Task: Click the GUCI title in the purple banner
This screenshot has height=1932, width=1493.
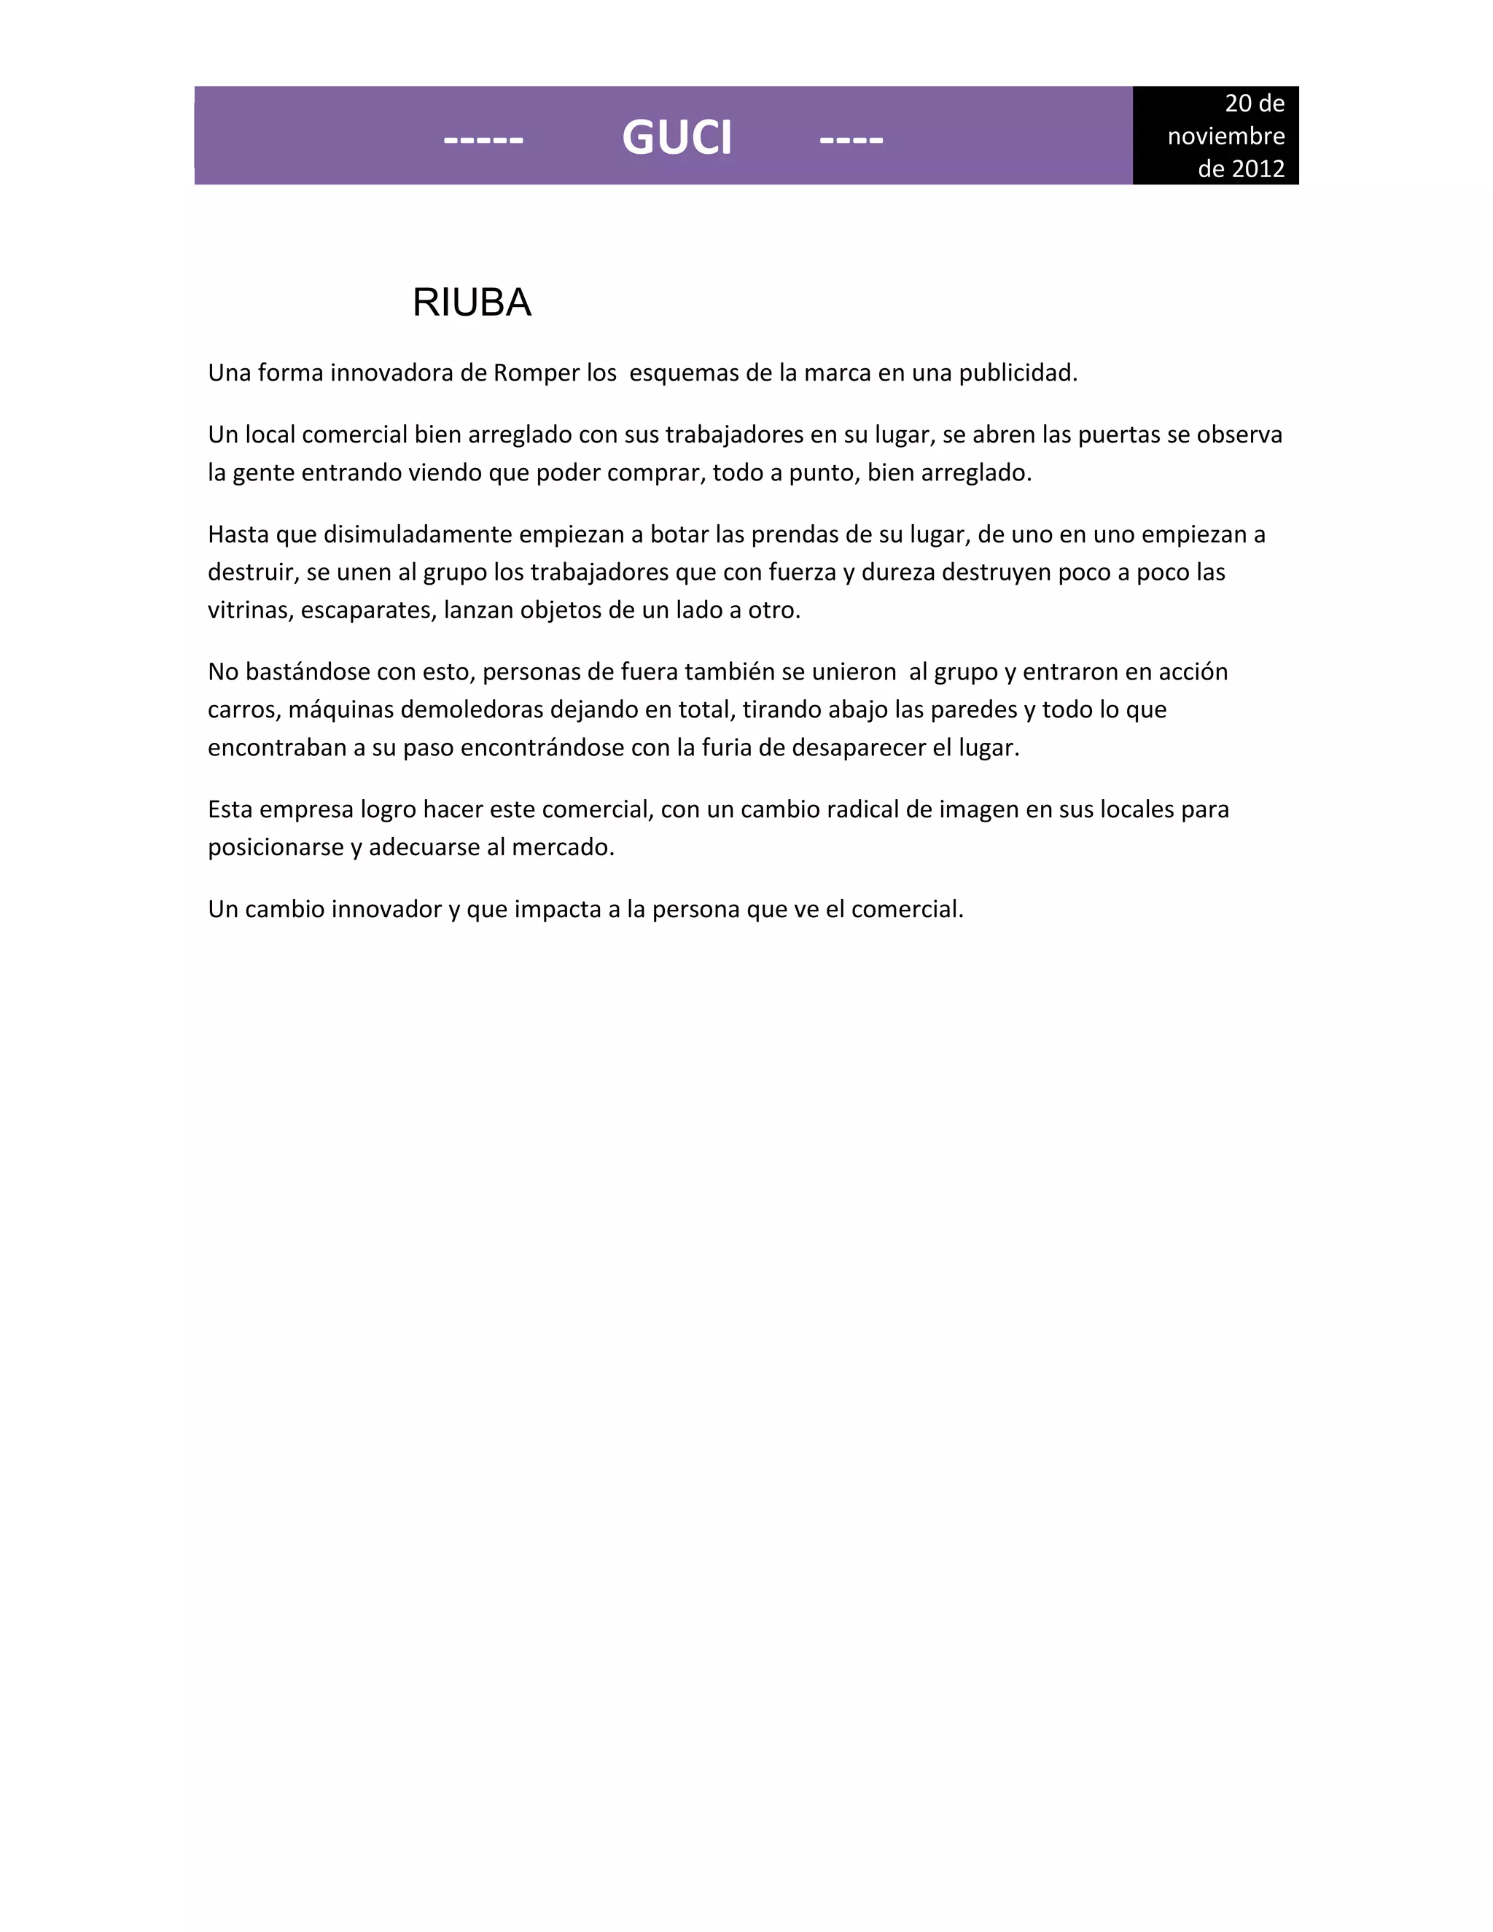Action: coord(677,138)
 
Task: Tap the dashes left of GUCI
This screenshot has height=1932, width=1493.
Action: coord(483,140)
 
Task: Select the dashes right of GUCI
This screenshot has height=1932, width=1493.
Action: coord(851,140)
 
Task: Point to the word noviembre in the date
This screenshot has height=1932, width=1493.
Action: coord(1226,136)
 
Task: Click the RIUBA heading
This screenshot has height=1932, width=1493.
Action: coord(472,303)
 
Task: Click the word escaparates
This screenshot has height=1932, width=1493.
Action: coord(368,610)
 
